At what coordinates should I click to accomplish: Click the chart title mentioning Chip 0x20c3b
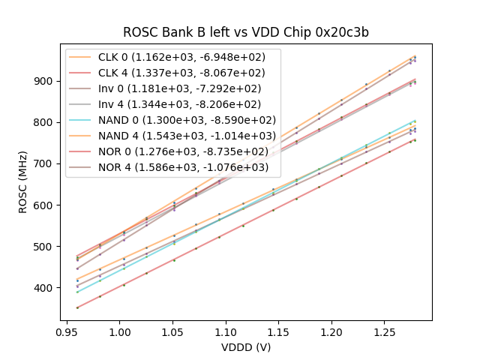pos(245,33)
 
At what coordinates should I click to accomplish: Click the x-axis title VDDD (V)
pos(245,347)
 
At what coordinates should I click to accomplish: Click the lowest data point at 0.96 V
pos(77,307)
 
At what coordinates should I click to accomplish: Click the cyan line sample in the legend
pos(82,119)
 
